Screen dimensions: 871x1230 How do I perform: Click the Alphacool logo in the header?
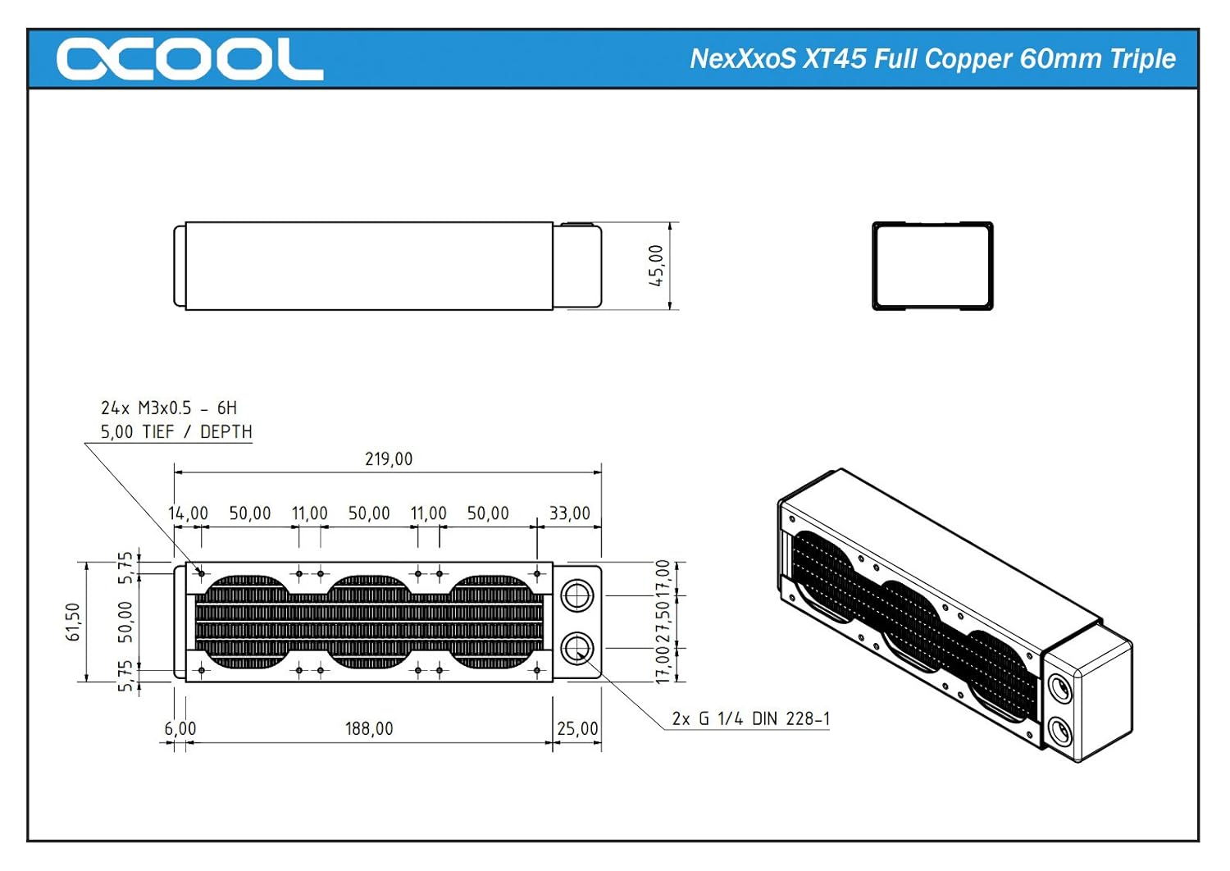pyautogui.click(x=189, y=59)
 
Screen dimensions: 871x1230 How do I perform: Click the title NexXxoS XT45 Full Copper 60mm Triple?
pyautogui.click(x=932, y=59)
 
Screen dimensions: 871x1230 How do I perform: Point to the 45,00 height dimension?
pyautogui.click(x=656, y=266)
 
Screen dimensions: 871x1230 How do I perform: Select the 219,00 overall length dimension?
pyautogui.click(x=389, y=459)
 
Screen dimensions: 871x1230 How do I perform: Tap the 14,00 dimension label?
pyautogui.click(x=188, y=513)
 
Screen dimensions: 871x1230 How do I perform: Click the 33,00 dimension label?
pyautogui.click(x=569, y=513)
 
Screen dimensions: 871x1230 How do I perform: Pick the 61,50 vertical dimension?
pyautogui.click(x=73, y=622)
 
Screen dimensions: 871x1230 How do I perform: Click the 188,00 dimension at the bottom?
pyautogui.click(x=369, y=728)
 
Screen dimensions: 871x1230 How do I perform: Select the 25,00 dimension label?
pyautogui.click(x=577, y=728)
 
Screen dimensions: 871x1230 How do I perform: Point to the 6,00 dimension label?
pyautogui.click(x=180, y=728)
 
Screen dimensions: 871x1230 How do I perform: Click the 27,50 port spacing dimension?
pyautogui.click(x=663, y=622)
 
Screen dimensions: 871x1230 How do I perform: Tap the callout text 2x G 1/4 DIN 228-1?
pyautogui.click(x=750, y=719)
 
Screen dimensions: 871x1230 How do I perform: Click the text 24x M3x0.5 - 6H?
pyautogui.click(x=168, y=408)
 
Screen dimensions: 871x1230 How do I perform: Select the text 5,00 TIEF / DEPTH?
pyautogui.click(x=175, y=431)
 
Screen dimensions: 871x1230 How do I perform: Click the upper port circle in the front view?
pyautogui.click(x=577, y=595)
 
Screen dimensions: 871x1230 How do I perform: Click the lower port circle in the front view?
pyautogui.click(x=577, y=649)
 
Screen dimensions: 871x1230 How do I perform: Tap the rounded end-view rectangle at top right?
pyautogui.click(x=932, y=266)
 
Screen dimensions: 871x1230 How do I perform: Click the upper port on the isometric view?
pyautogui.click(x=1059, y=688)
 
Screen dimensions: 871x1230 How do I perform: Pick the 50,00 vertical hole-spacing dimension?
pyautogui.click(x=125, y=622)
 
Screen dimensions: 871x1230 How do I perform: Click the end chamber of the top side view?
pyautogui.click(x=577, y=266)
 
